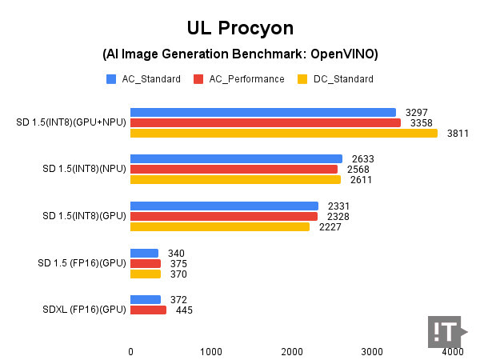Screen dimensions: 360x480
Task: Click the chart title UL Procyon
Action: click(x=240, y=29)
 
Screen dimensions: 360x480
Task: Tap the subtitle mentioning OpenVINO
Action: click(x=240, y=54)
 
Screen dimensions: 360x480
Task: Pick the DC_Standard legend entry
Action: click(x=335, y=79)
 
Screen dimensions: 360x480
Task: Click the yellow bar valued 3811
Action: click(x=284, y=134)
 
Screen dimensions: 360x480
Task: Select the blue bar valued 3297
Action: click(x=263, y=113)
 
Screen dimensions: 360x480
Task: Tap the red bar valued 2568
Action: click(x=234, y=169)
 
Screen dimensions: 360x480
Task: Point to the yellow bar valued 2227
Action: click(x=220, y=227)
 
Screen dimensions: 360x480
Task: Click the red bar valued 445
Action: click(x=148, y=310)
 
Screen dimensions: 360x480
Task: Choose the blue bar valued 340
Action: click(x=144, y=254)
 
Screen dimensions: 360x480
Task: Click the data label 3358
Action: click(x=422, y=123)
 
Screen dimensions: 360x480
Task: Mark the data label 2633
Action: click(x=362, y=159)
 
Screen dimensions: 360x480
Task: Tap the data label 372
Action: click(x=178, y=300)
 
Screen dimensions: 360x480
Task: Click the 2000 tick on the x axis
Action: click(x=292, y=350)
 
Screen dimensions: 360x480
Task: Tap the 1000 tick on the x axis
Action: click(x=211, y=350)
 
